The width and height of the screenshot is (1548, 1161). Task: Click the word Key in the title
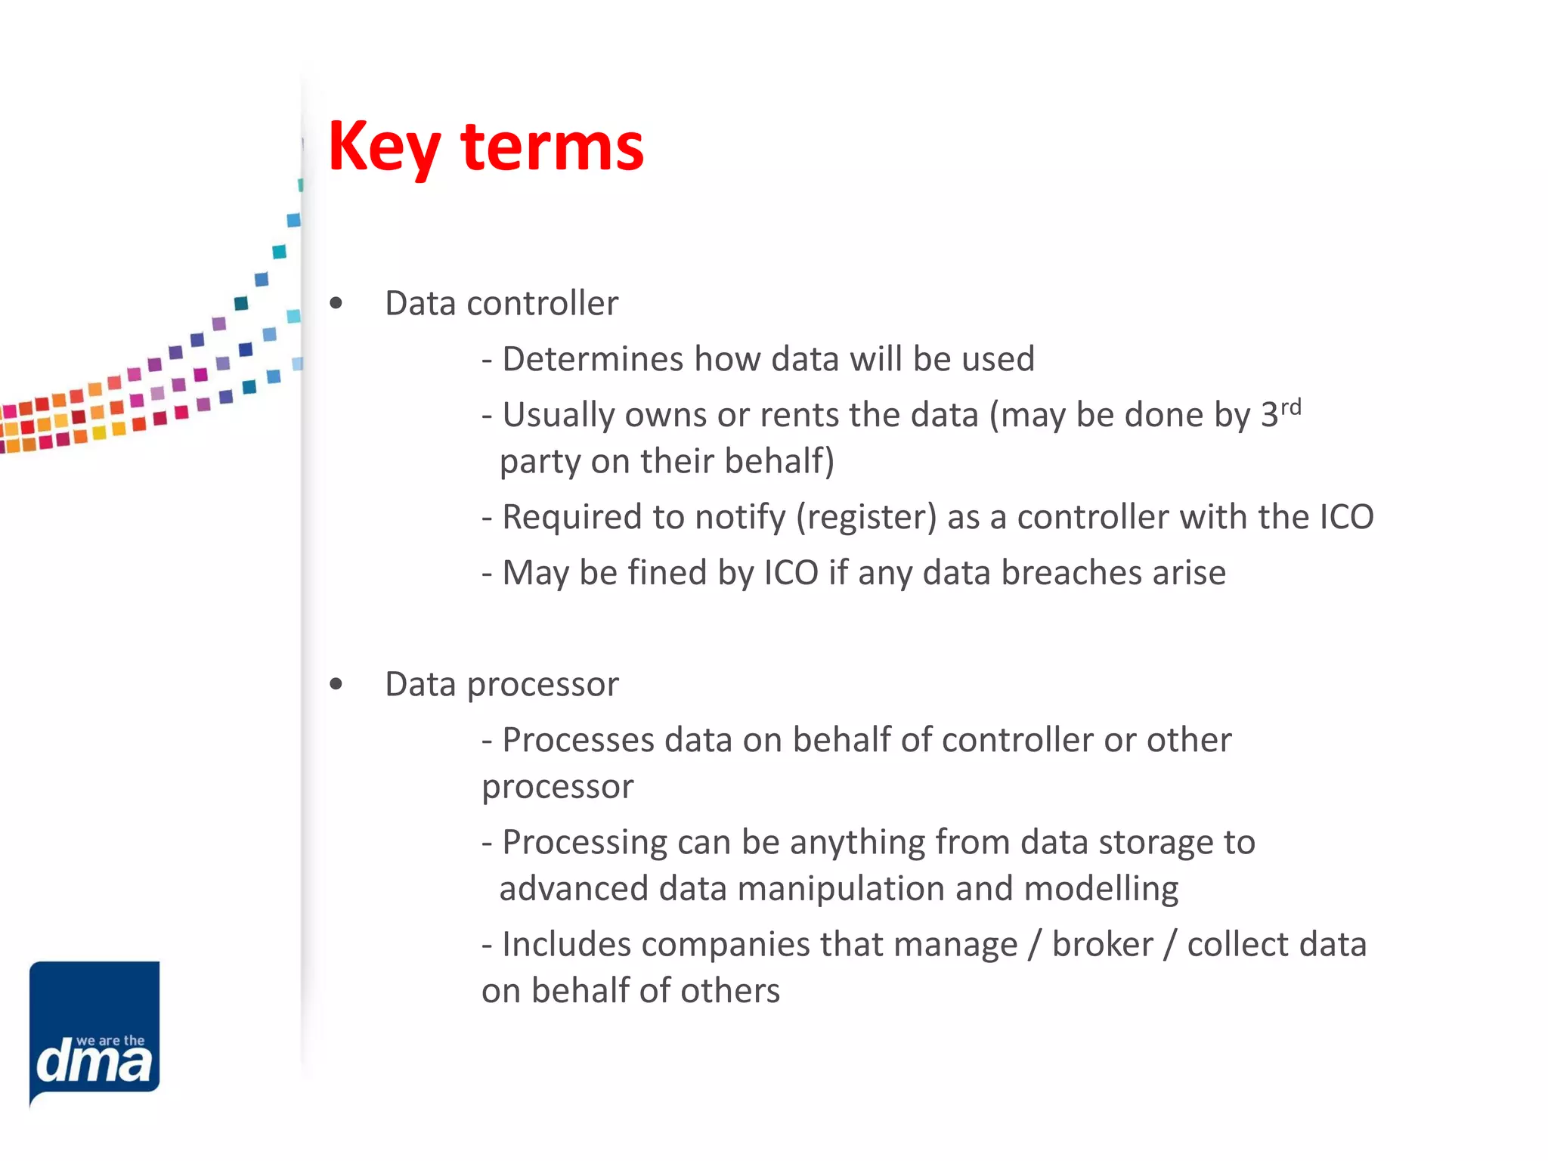pyautogui.click(x=384, y=147)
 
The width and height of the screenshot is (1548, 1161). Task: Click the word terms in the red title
pyautogui.click(x=552, y=147)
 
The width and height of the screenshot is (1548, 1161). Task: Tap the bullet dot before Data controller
pyautogui.click(x=336, y=304)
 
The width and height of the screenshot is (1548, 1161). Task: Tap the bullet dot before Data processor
pyautogui.click(x=336, y=685)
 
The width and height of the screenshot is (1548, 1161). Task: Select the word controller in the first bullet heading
pyautogui.click(x=542, y=304)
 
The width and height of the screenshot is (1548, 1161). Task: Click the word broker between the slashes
pyautogui.click(x=1102, y=945)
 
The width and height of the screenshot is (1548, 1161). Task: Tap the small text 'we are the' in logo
pyautogui.click(x=110, y=1041)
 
